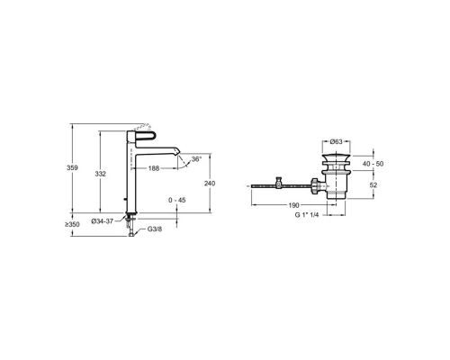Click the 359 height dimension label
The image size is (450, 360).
(x=72, y=167)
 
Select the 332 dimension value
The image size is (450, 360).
(x=101, y=174)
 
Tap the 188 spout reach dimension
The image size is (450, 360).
(x=154, y=168)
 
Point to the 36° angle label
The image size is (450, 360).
(x=196, y=159)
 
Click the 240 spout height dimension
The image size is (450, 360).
(x=210, y=183)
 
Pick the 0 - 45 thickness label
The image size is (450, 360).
(x=177, y=200)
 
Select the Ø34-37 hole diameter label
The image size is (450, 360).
(x=103, y=221)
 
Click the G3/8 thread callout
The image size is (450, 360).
(x=155, y=229)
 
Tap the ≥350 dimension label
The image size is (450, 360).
(x=72, y=224)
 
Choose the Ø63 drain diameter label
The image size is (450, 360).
(x=337, y=141)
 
